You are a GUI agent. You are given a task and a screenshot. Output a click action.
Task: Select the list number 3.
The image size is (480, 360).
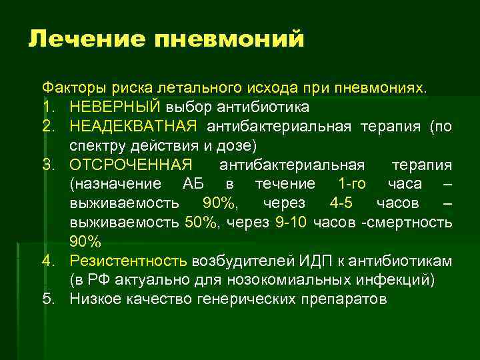pos(48,164)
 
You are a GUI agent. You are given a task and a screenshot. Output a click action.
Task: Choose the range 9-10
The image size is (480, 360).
pos(291,222)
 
